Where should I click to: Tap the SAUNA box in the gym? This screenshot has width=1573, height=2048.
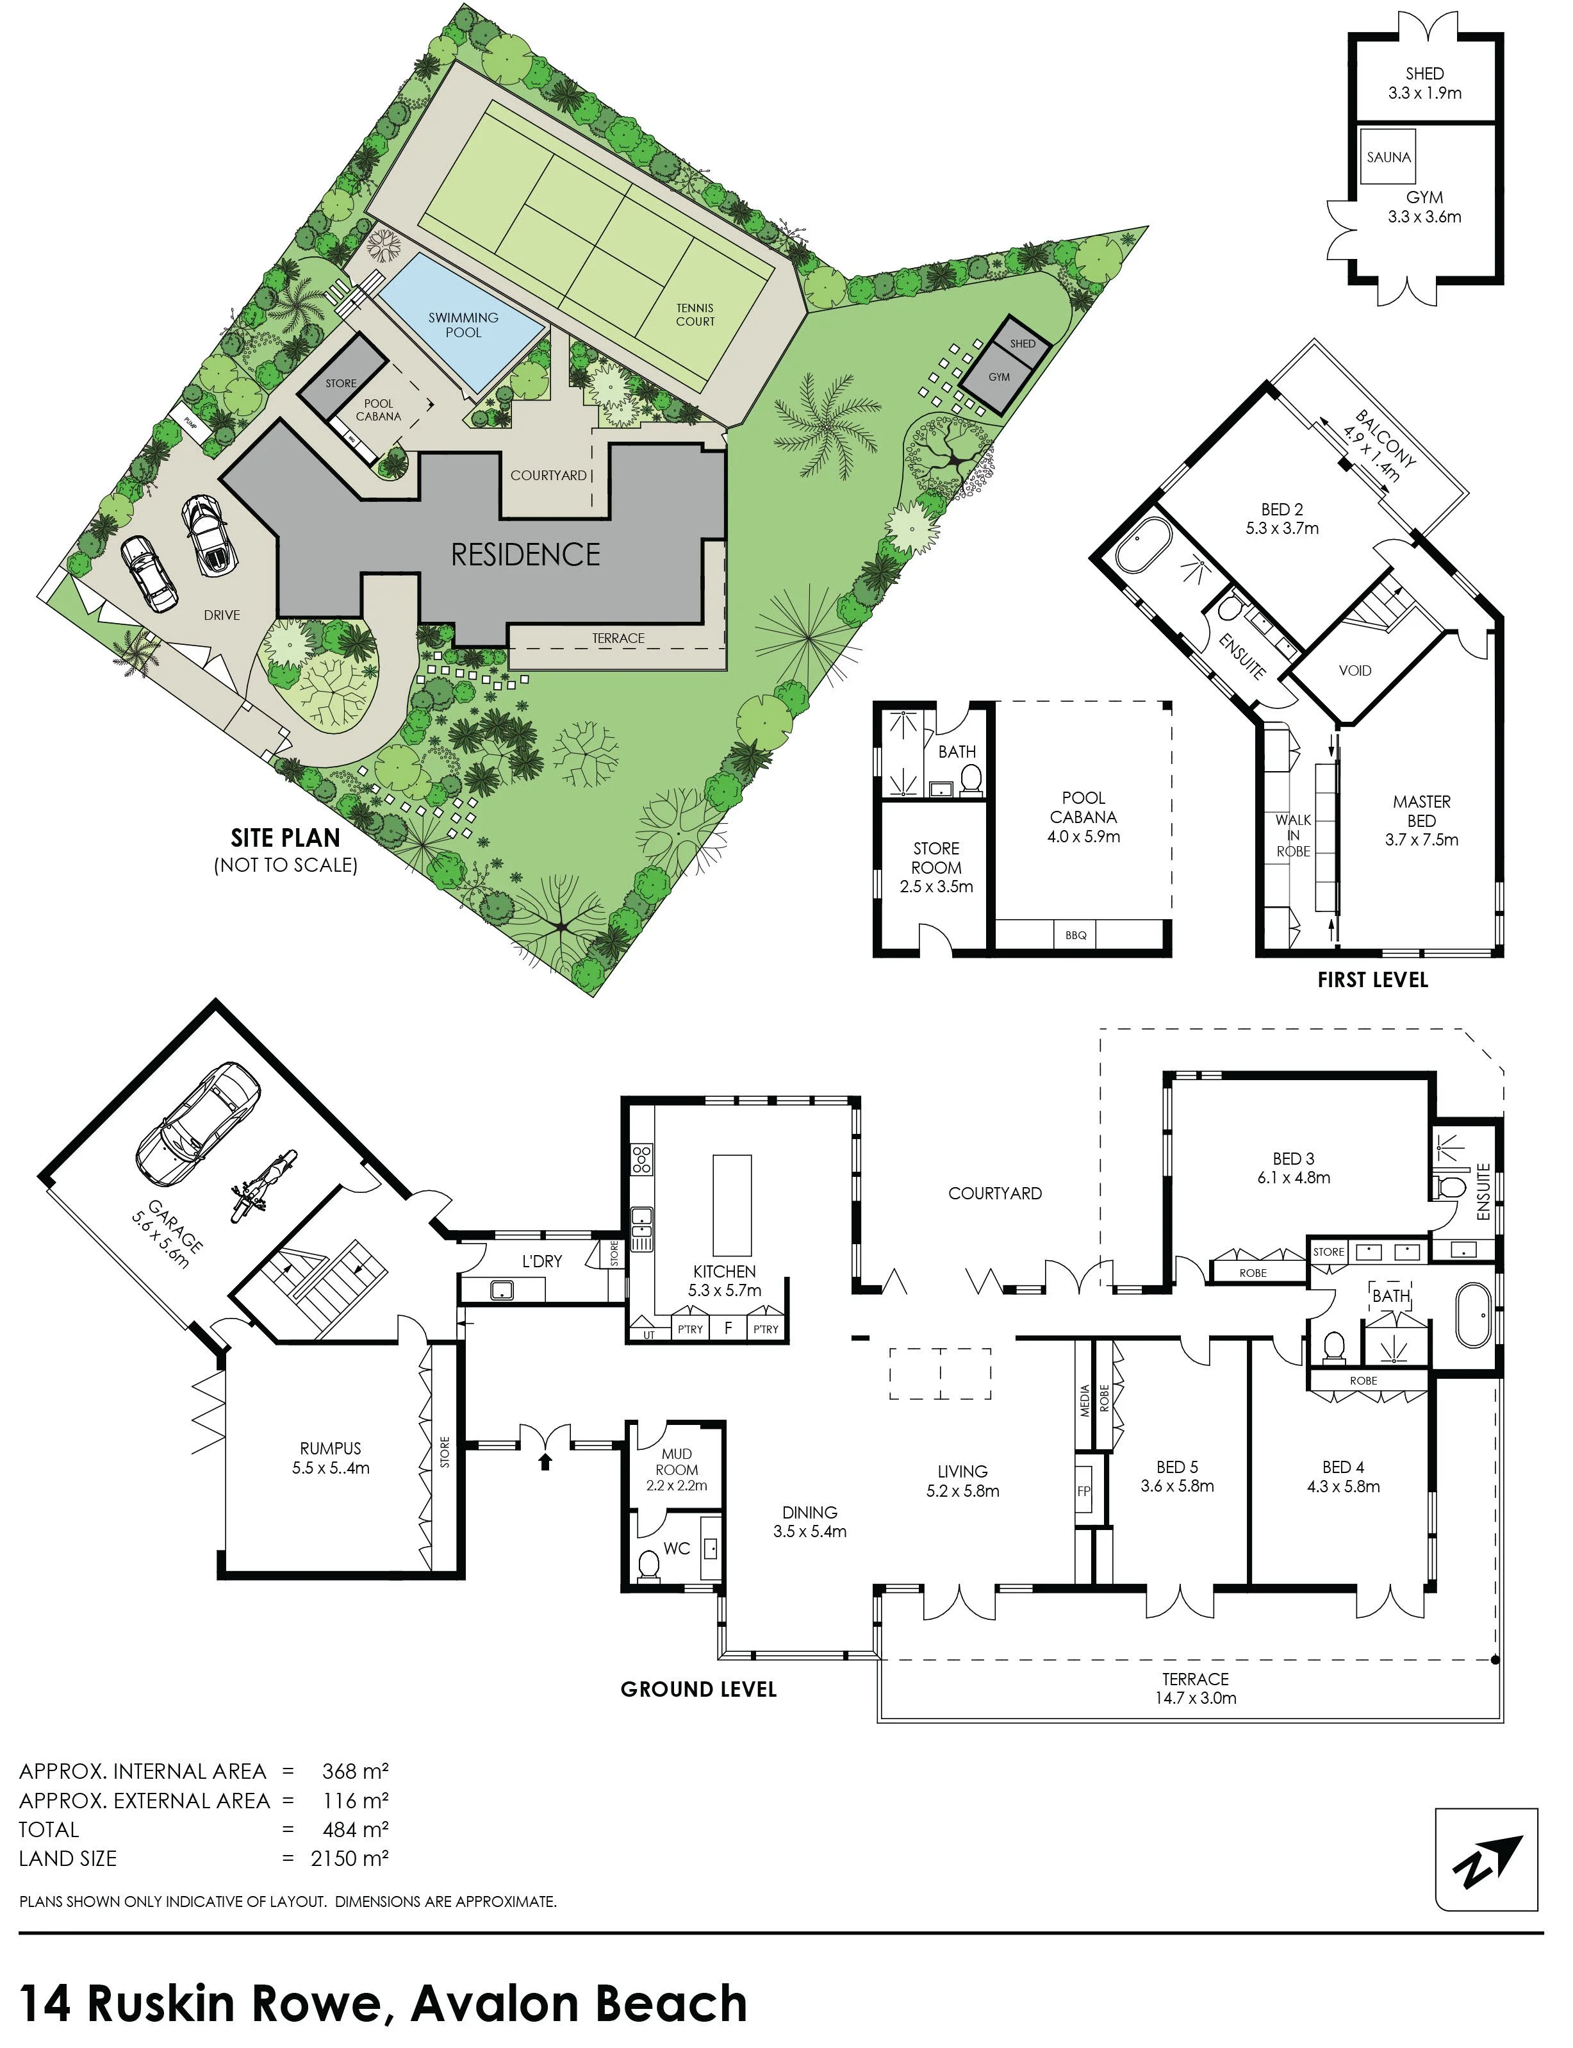click(1388, 157)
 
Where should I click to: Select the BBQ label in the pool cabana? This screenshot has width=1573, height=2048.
click(1075, 935)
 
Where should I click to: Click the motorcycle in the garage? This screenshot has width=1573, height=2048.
click(264, 1187)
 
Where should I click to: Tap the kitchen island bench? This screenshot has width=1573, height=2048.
click(732, 1204)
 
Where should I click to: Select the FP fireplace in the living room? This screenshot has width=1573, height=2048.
click(1083, 1492)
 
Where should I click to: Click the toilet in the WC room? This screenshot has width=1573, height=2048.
click(648, 1565)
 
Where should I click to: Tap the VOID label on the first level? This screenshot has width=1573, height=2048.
click(1355, 670)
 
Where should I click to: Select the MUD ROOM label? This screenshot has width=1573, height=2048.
click(677, 1461)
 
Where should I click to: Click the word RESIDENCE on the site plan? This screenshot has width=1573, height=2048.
click(525, 554)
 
